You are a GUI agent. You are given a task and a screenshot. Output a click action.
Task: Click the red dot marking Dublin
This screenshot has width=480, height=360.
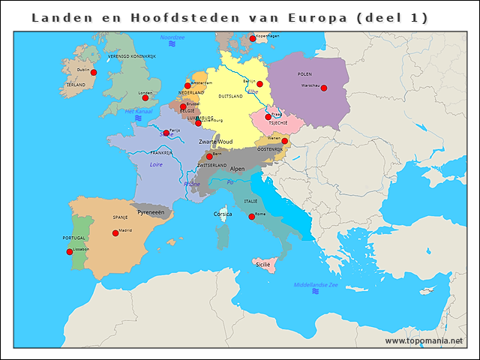click(94, 73)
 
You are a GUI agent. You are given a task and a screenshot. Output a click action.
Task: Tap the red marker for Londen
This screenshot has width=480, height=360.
click(145, 97)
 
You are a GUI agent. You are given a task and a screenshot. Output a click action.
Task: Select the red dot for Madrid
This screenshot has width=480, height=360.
click(115, 233)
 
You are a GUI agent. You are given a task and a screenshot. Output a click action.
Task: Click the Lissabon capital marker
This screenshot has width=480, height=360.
click(70, 252)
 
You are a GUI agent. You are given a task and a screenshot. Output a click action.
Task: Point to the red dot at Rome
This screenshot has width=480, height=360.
click(252, 217)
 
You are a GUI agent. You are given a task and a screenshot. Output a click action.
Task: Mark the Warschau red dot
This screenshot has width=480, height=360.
click(323, 88)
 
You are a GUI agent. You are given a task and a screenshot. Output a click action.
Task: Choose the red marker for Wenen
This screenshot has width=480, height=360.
click(284, 141)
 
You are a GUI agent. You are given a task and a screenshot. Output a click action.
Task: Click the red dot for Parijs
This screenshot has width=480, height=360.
click(166, 133)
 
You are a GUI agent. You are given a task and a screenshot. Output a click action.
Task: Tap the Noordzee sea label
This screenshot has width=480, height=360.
click(172, 37)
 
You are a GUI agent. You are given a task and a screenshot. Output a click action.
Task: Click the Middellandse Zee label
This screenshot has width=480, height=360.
click(316, 285)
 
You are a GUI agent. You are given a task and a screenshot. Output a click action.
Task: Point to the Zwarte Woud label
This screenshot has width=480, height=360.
click(215, 142)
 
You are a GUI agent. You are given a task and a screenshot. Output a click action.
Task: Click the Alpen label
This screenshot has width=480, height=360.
click(237, 169)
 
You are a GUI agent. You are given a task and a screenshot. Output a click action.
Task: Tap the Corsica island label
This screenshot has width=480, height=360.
click(223, 214)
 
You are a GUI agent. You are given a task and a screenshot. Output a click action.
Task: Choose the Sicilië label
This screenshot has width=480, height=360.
click(262, 265)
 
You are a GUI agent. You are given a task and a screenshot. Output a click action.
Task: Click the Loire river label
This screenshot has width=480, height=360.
click(156, 164)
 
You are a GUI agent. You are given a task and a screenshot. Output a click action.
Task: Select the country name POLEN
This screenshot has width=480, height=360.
click(304, 74)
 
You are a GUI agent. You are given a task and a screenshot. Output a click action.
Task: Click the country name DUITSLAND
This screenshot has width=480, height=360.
click(230, 97)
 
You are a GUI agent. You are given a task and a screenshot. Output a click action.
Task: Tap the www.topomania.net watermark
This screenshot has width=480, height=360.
click(424, 340)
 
